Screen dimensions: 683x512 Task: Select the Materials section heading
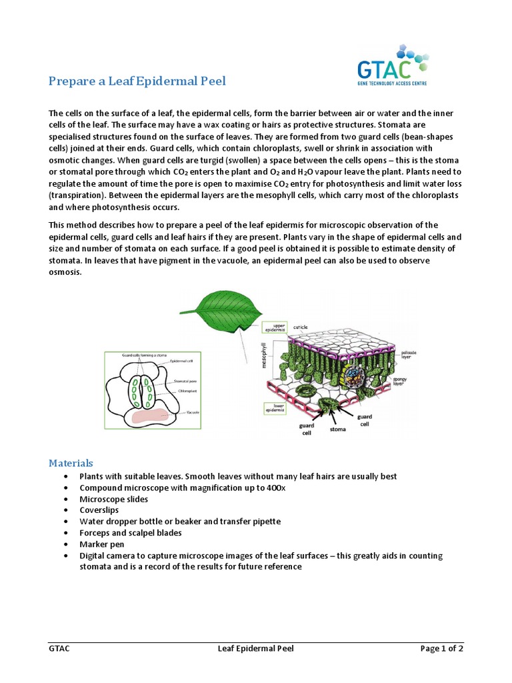(x=71, y=463)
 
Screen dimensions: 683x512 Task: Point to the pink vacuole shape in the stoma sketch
(x=155, y=416)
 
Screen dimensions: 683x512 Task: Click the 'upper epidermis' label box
(x=275, y=327)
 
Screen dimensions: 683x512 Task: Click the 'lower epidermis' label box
(x=275, y=408)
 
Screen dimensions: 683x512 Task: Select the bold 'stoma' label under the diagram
(x=338, y=430)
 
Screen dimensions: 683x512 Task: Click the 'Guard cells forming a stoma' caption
(x=139, y=356)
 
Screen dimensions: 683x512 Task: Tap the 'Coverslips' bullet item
(x=100, y=510)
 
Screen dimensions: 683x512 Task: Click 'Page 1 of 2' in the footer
(x=441, y=648)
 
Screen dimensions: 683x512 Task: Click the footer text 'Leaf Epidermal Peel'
(x=256, y=648)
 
